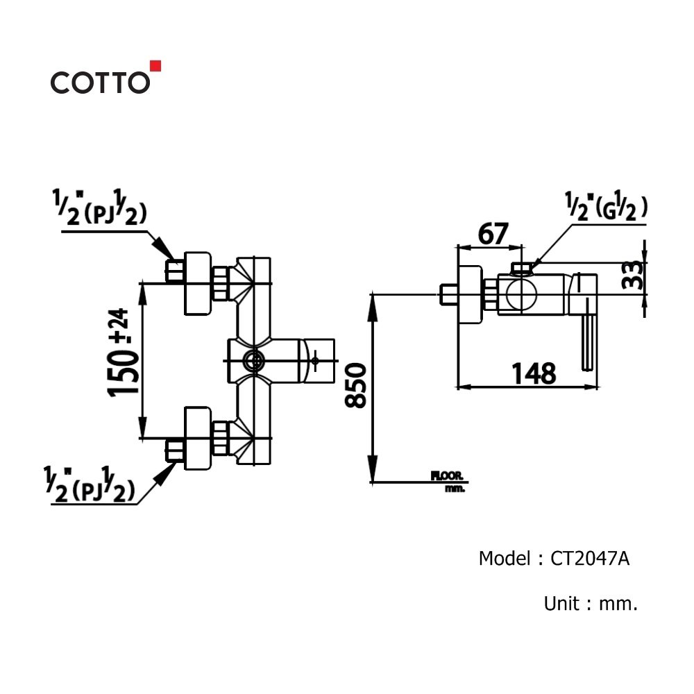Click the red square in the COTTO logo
(x=155, y=66)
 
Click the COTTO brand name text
(x=100, y=83)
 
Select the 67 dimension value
(x=493, y=234)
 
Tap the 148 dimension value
(x=534, y=373)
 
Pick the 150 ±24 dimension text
(x=123, y=352)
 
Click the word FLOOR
(x=448, y=476)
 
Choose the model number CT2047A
(x=590, y=559)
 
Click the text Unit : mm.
(x=591, y=603)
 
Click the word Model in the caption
(x=504, y=559)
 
